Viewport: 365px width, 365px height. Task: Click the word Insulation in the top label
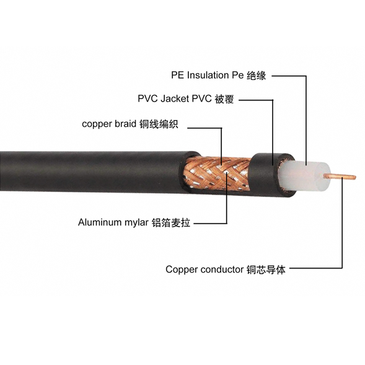click(x=208, y=75)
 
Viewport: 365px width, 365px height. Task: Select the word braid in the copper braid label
click(x=125, y=123)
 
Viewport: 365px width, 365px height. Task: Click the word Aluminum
click(x=100, y=222)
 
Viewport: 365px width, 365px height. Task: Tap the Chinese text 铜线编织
click(x=159, y=124)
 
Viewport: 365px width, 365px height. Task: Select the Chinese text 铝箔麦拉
click(x=171, y=222)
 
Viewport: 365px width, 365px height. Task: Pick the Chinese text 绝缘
click(x=256, y=76)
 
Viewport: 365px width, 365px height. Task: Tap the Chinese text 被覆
click(x=224, y=99)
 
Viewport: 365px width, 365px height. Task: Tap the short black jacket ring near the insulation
click(x=271, y=175)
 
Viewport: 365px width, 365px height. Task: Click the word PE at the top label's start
click(x=178, y=75)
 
